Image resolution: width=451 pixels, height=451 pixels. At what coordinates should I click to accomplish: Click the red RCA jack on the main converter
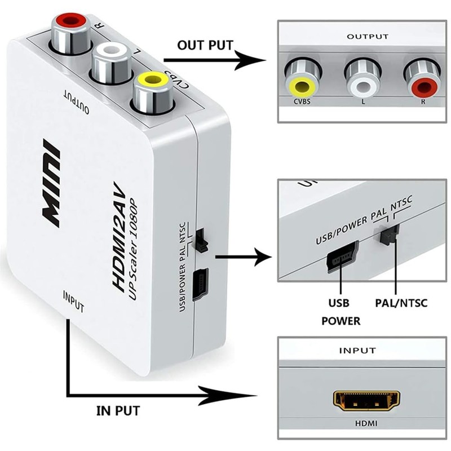(x=69, y=24)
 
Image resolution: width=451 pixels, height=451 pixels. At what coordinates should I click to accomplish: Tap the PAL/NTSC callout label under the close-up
(x=401, y=303)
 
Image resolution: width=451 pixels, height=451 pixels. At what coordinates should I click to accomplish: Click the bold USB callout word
(x=339, y=303)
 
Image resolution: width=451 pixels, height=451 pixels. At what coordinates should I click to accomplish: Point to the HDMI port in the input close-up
(x=364, y=401)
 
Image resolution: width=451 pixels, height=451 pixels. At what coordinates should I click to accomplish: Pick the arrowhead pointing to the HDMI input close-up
(x=256, y=393)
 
